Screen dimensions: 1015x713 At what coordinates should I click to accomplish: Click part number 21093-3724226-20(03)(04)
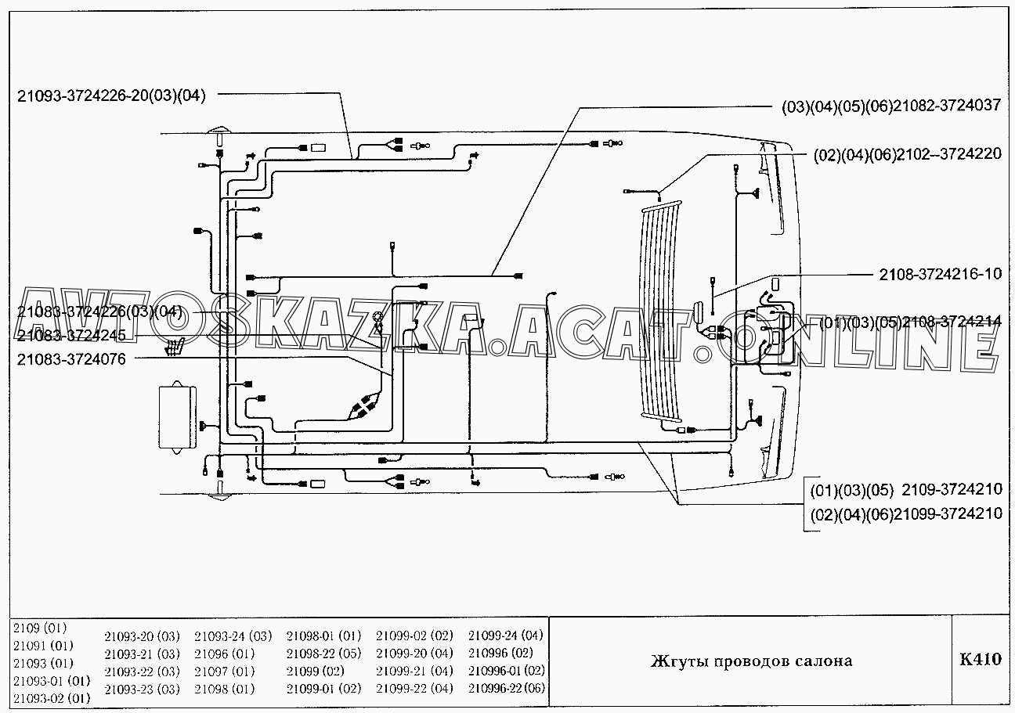tap(111, 96)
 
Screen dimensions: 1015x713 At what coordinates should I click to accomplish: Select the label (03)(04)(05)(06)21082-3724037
tap(890, 106)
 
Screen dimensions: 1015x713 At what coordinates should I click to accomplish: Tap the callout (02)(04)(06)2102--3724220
tap(907, 155)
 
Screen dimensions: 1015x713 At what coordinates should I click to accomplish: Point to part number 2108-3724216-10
tap(941, 275)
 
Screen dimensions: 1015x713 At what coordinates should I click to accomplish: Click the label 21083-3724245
tap(71, 336)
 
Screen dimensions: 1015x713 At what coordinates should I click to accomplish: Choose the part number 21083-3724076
tap(71, 359)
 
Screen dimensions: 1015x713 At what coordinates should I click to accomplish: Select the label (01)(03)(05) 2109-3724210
tap(906, 490)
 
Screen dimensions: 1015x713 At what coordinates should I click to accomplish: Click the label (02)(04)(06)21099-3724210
tap(906, 514)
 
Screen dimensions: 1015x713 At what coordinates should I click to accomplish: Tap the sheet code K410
tap(980, 660)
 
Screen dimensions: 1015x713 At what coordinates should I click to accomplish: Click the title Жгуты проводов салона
tap(751, 661)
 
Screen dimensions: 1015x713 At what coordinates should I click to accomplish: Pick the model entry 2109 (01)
tap(40, 628)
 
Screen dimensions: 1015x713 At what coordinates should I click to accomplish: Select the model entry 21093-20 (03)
tap(142, 636)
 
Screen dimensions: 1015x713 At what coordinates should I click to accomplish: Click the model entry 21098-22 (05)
tap(323, 654)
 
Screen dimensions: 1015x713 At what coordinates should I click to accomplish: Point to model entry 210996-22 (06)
tap(506, 688)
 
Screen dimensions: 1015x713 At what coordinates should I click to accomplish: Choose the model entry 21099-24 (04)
tap(505, 636)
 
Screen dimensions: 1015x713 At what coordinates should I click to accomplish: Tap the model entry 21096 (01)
tap(224, 654)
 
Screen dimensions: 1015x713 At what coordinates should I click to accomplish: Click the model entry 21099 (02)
tap(315, 671)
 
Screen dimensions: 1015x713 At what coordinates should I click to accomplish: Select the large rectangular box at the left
tap(177, 416)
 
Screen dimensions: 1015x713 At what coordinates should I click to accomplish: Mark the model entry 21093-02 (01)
tap(52, 698)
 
